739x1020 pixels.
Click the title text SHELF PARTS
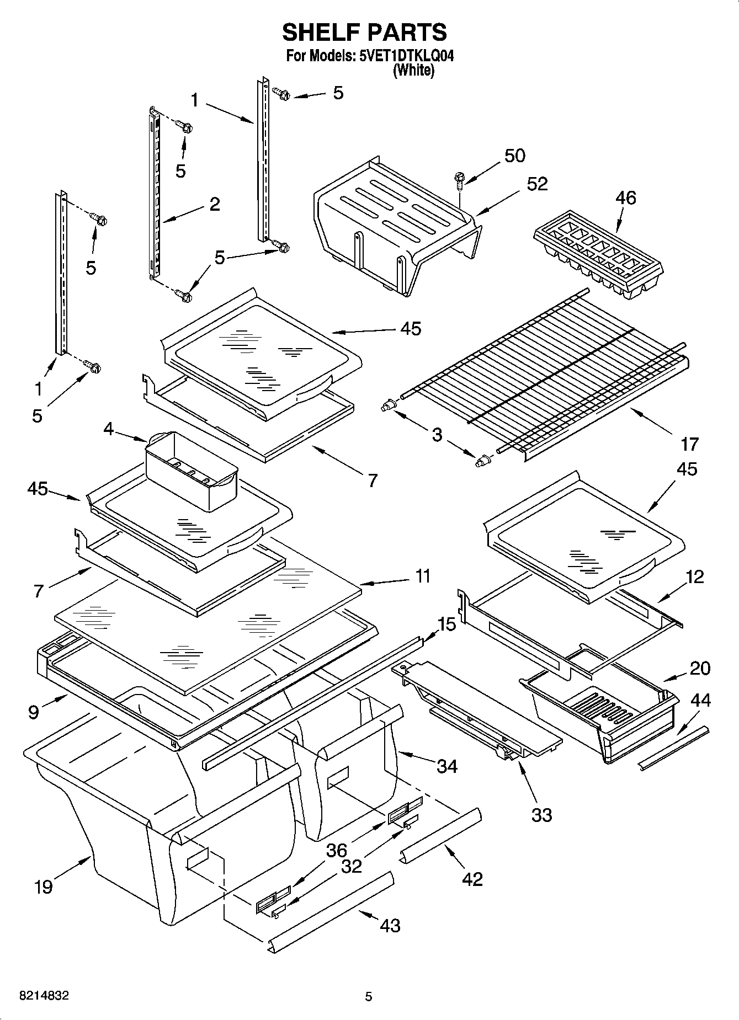(364, 33)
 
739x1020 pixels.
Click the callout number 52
(536, 184)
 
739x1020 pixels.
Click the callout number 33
(541, 814)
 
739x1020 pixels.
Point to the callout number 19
(43, 887)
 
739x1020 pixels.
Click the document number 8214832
(44, 996)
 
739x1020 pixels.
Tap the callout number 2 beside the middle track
(215, 204)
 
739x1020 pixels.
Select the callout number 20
(699, 668)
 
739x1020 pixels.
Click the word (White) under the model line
(413, 70)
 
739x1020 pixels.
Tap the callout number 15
(447, 624)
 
